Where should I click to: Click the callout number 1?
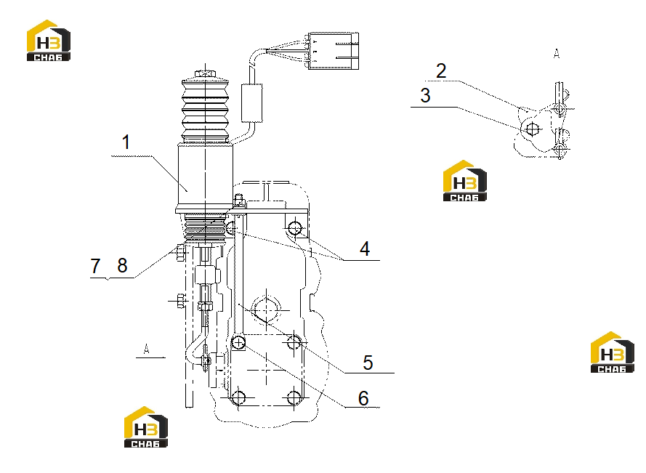(x=126, y=142)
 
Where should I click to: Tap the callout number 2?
(x=441, y=71)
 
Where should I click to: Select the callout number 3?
(x=426, y=95)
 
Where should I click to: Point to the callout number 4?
(x=365, y=249)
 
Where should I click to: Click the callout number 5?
(x=368, y=363)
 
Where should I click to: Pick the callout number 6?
(x=363, y=398)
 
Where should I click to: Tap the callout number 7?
(x=96, y=266)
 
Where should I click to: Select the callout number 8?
(x=122, y=265)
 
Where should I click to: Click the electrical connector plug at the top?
(x=334, y=50)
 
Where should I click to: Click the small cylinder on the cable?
(x=251, y=103)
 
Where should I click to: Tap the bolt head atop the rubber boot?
(x=205, y=73)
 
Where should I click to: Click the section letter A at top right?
(x=557, y=54)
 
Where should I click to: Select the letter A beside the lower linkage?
(x=146, y=349)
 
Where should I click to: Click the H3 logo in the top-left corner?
(x=49, y=41)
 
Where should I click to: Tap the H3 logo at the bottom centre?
(x=146, y=426)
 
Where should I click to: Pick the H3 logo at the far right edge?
(x=613, y=352)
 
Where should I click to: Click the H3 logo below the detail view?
(x=465, y=180)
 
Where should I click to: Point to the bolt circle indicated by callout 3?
(x=533, y=129)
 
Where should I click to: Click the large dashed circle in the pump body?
(x=266, y=310)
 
